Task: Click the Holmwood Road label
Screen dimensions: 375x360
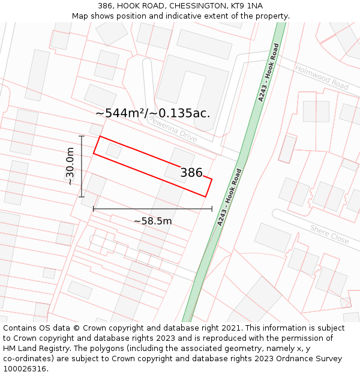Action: pyautogui.click(x=322, y=77)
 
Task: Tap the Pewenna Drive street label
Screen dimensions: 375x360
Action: pyautogui.click(x=173, y=129)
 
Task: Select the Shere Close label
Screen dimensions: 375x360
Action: pyautogui.click(x=329, y=233)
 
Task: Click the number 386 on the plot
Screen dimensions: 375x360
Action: pyautogui.click(x=191, y=173)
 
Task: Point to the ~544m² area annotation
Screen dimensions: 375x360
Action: pyautogui.click(x=153, y=113)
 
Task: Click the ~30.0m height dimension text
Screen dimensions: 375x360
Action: pyautogui.click(x=70, y=166)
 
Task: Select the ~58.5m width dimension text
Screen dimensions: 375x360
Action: pyautogui.click(x=152, y=221)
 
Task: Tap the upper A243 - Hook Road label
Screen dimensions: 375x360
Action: pyautogui.click(x=268, y=73)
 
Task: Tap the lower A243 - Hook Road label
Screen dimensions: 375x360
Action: pyautogui.click(x=230, y=197)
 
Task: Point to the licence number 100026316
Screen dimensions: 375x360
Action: pyautogui.click(x=26, y=368)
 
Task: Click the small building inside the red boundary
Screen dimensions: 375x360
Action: pyautogui.click(x=113, y=150)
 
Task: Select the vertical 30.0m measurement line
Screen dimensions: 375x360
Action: pyautogui.click(x=82, y=166)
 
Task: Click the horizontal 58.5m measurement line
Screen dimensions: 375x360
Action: pyautogui.click(x=152, y=209)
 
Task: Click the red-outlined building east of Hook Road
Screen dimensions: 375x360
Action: pyautogui.click(x=287, y=148)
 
